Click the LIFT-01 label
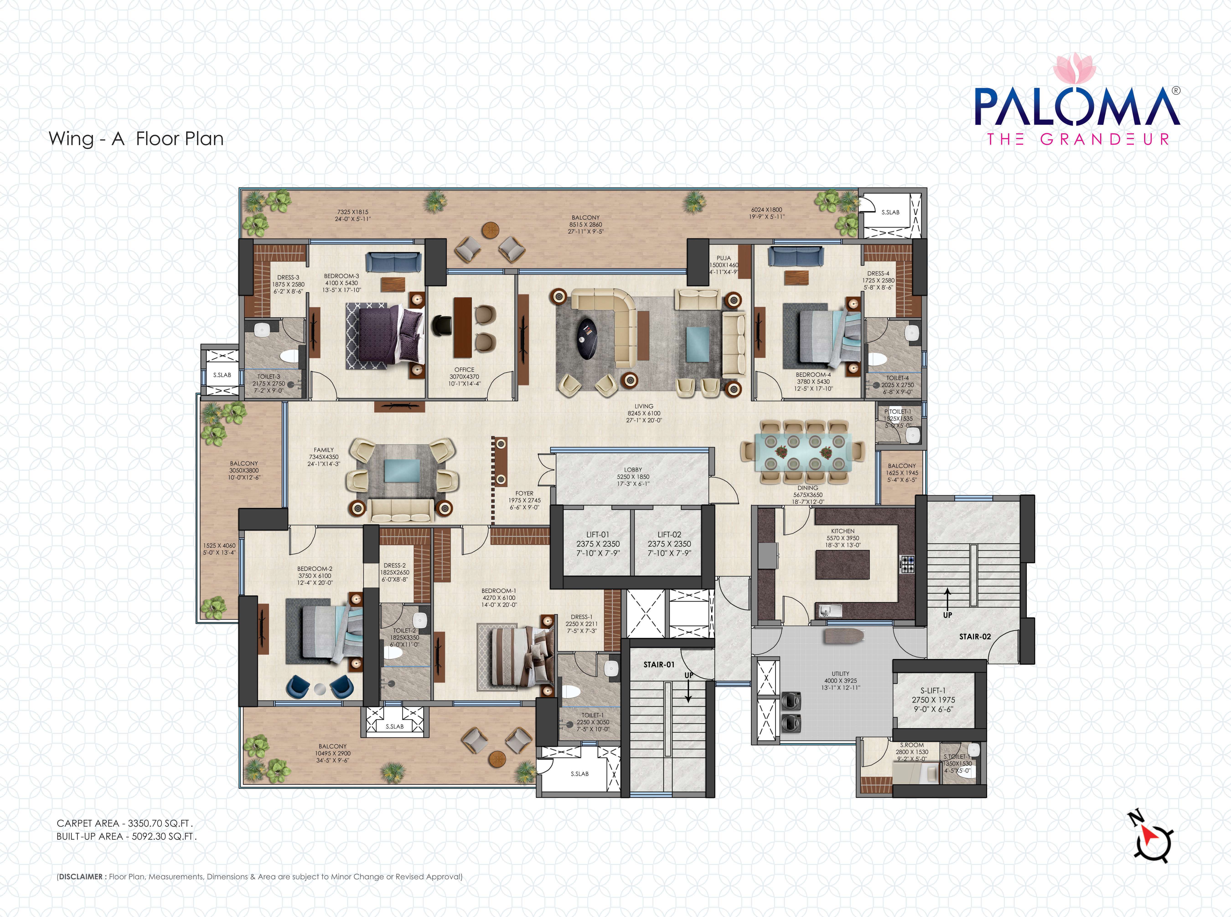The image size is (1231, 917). tap(597, 534)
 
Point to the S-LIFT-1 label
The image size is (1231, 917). tap(933, 690)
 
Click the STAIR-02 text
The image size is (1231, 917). tap(975, 637)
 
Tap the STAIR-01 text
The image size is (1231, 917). tap(659, 664)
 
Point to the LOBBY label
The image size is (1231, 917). tap(633, 470)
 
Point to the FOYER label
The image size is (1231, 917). tap(524, 493)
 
